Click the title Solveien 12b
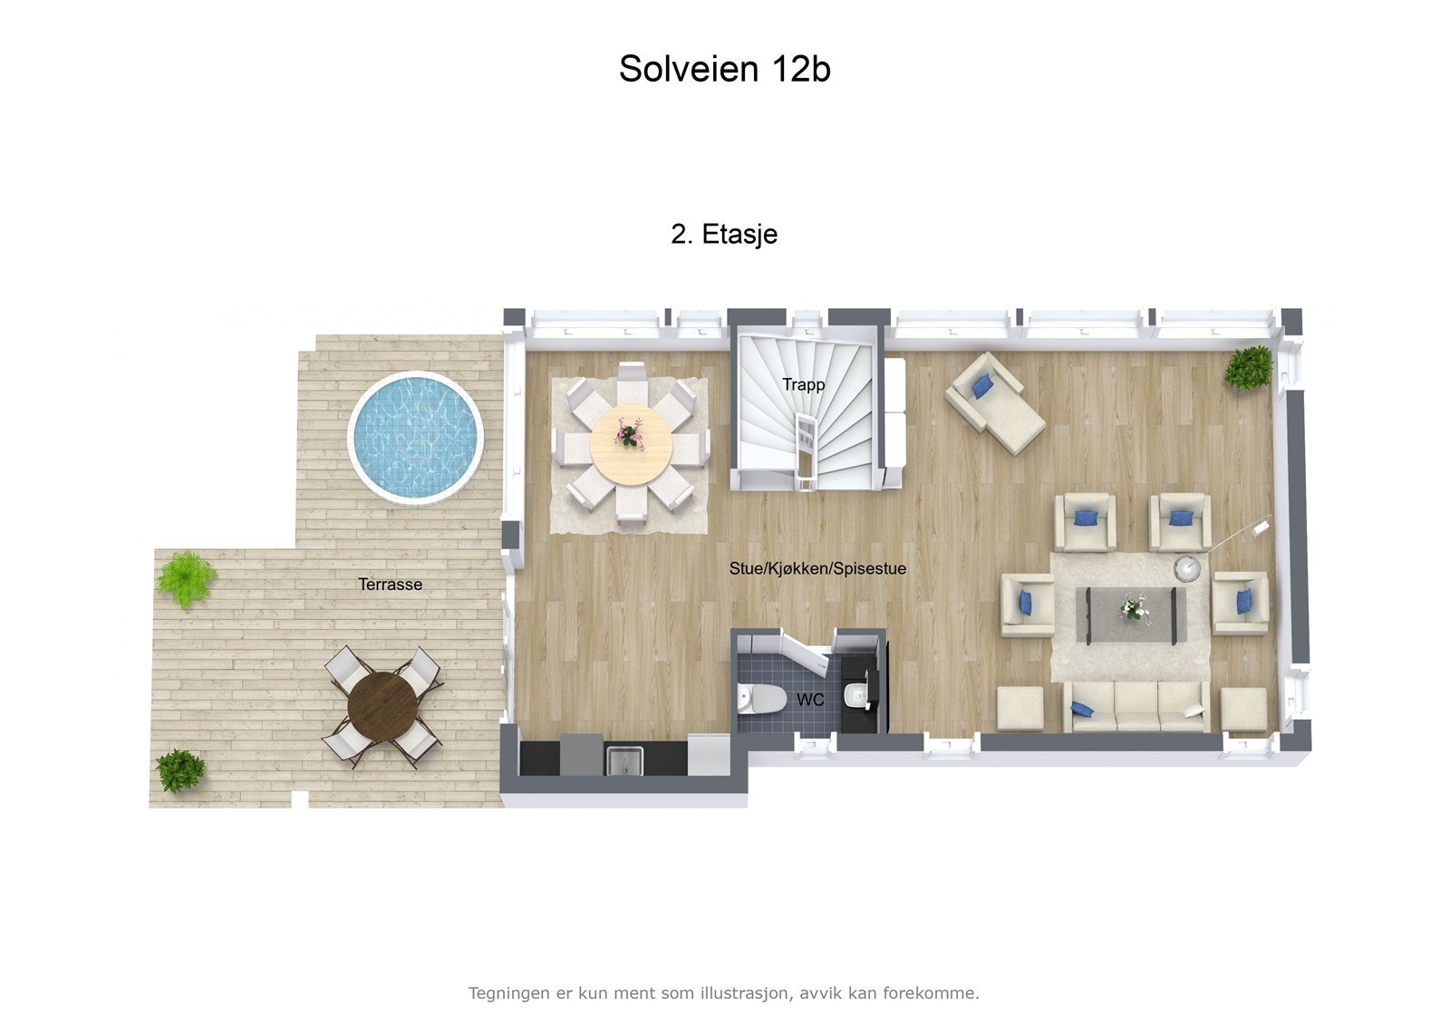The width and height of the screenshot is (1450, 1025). click(x=724, y=69)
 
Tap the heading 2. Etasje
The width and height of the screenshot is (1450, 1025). click(x=724, y=234)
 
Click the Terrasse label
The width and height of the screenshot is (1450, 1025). click(x=390, y=585)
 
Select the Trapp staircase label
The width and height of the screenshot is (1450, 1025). click(x=804, y=384)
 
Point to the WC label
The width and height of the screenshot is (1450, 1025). click(x=810, y=700)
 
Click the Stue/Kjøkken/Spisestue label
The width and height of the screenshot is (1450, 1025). click(x=817, y=568)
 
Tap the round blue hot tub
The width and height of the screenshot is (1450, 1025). click(x=416, y=436)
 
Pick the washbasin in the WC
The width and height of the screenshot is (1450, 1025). click(x=854, y=696)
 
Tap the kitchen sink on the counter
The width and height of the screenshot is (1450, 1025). click(x=624, y=759)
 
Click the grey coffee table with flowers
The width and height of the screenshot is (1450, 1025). click(x=1130, y=614)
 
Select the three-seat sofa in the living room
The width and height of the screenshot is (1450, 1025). click(x=1136, y=707)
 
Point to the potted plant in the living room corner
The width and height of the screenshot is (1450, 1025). click(x=1250, y=367)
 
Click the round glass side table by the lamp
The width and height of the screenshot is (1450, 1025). click(x=1187, y=568)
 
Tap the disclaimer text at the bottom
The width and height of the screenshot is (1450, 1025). click(x=723, y=992)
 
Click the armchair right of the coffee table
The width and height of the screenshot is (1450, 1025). click(x=1240, y=603)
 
